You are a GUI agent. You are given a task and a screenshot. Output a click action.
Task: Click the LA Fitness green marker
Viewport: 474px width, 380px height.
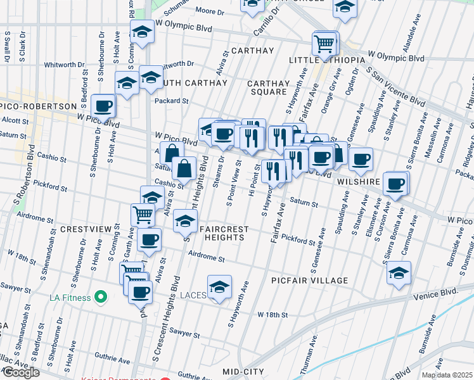100,296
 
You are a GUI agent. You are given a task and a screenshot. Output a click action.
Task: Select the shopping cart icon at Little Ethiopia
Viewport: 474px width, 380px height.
324,44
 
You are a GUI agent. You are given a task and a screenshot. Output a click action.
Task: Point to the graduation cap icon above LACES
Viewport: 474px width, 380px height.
219,286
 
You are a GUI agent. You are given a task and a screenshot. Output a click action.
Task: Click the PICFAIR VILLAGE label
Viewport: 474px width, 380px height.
309,281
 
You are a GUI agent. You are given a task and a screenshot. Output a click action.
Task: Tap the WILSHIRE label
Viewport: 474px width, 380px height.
358,181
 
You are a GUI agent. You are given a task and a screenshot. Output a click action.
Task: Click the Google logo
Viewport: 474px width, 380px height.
20,372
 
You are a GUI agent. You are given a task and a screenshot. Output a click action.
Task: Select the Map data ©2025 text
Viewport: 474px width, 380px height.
447,375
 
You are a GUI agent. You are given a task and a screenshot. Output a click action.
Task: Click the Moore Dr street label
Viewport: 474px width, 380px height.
210,11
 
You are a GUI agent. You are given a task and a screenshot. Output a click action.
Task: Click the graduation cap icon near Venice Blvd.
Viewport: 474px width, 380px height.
399,273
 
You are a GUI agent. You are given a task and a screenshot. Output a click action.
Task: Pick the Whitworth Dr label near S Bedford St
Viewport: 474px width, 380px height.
64,65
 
